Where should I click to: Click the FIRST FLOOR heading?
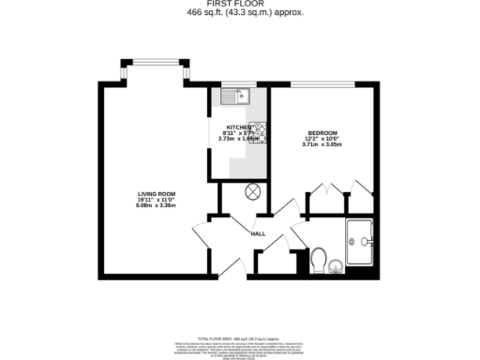pyautogui.click(x=239, y=3)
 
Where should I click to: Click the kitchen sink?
pyautogui.click(x=234, y=95)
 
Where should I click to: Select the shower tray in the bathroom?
pyautogui.click(x=361, y=242)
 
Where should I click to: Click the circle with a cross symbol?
pyautogui.click(x=252, y=191)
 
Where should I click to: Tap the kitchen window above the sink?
pyautogui.click(x=234, y=83)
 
